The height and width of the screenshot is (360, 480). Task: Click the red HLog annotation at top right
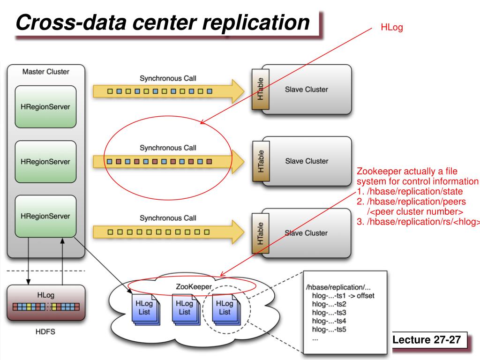391,28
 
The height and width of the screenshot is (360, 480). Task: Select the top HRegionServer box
45,106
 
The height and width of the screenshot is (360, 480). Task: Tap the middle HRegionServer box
45,162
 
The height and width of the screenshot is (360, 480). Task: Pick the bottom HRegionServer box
45,216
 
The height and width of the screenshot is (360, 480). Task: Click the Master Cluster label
46,72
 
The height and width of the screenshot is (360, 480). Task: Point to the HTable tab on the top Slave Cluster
261,89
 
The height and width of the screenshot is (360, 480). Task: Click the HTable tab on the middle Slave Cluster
261,161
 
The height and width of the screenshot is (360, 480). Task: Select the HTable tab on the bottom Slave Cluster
261,233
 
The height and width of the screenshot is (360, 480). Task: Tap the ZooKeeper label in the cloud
194,286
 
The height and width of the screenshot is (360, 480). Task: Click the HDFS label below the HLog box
45,331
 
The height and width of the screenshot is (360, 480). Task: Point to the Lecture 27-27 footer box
429,340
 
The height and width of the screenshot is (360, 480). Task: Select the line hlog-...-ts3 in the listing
329,313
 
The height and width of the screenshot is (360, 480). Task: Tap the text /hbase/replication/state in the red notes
415,191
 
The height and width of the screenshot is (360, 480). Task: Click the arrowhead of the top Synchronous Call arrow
238,91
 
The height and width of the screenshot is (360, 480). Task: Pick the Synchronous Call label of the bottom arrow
168,218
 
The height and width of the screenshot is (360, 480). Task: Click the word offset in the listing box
366,296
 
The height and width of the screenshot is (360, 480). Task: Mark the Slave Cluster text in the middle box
307,161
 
